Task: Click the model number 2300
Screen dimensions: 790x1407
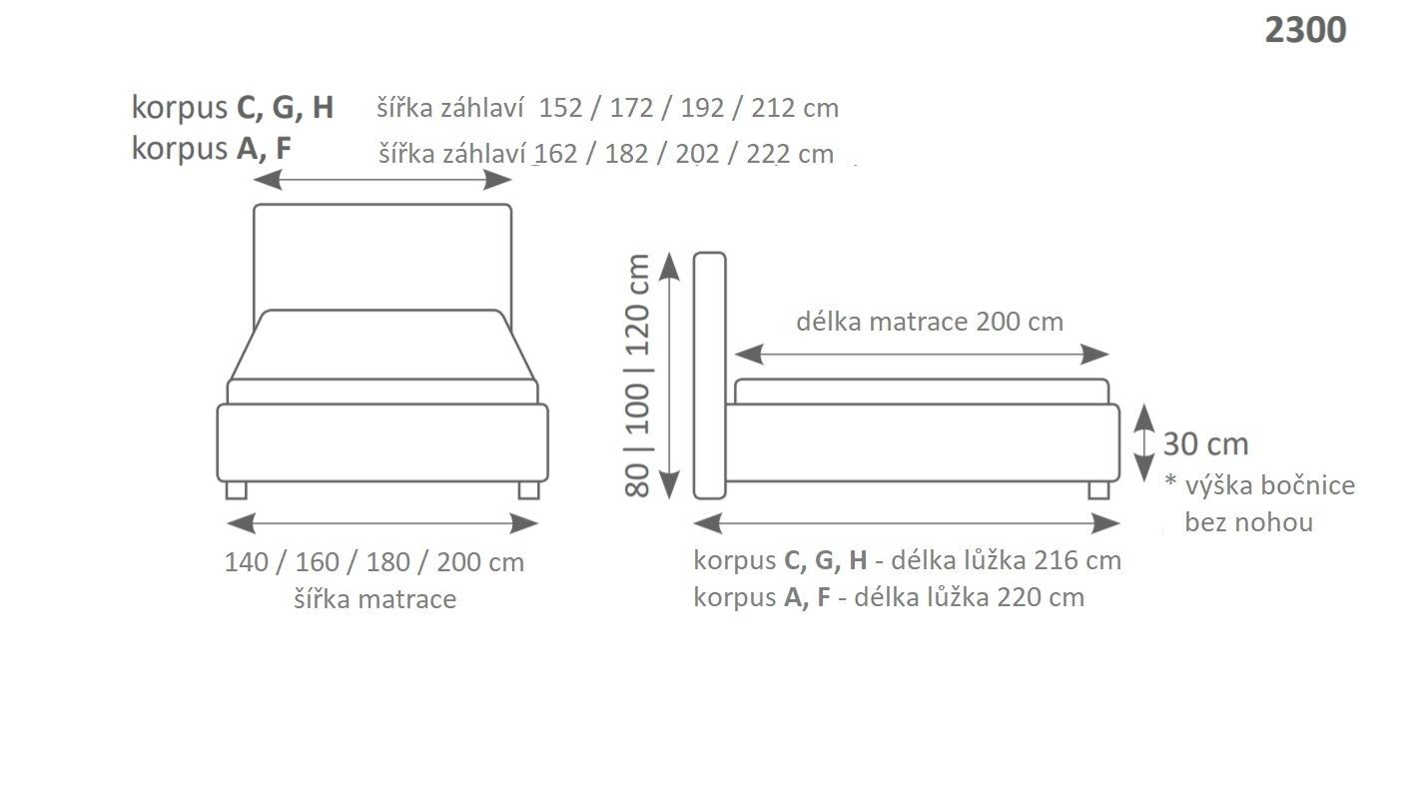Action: point(1304,30)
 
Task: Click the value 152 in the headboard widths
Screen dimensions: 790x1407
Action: point(559,108)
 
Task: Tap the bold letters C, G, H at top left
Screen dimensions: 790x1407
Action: point(284,108)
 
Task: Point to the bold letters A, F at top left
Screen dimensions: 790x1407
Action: point(264,149)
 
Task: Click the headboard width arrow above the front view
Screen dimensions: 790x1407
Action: point(382,180)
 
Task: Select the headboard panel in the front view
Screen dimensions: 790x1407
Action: point(382,255)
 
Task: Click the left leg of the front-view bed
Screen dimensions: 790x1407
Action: point(236,489)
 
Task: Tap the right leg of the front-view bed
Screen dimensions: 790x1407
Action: point(528,489)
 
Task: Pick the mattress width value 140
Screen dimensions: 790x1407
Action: point(246,562)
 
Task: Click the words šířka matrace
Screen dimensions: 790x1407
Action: point(374,599)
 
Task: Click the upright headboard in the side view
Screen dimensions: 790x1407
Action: point(709,376)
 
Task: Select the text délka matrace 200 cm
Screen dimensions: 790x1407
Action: point(929,322)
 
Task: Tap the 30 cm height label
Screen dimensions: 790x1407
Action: point(1205,444)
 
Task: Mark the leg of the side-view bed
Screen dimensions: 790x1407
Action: point(1097,489)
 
